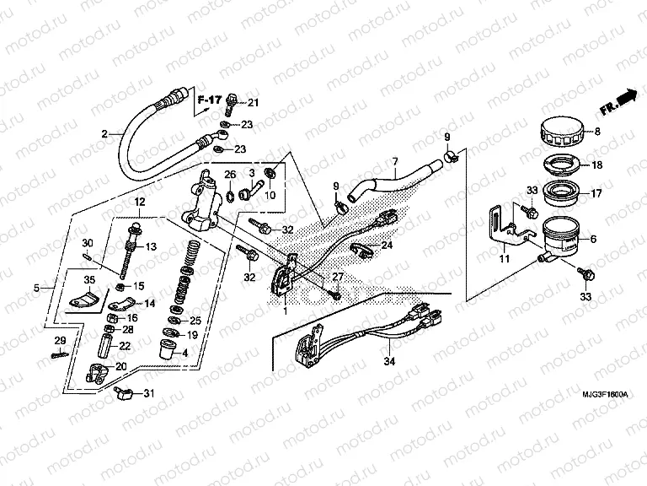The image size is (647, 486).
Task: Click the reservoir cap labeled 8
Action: tap(561, 132)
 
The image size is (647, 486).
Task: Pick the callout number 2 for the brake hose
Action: tap(105, 133)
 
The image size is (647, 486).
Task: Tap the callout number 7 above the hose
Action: tap(393, 161)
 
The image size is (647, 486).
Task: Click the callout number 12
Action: tap(139, 202)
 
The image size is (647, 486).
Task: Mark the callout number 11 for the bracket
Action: tap(505, 261)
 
